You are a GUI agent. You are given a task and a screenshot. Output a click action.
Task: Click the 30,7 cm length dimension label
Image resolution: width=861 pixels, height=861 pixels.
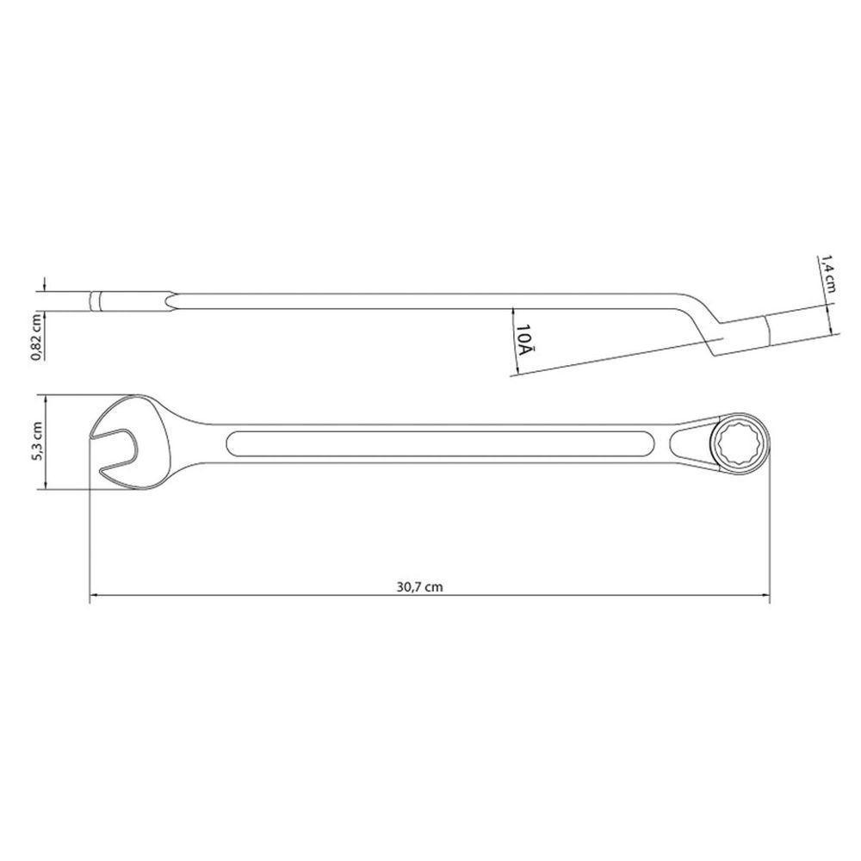pyautogui.click(x=421, y=586)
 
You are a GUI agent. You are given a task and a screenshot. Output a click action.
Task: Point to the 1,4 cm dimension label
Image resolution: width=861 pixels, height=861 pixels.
pyautogui.click(x=829, y=275)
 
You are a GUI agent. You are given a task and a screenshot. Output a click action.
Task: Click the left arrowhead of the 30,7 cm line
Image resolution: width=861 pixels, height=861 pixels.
pyautogui.click(x=94, y=594)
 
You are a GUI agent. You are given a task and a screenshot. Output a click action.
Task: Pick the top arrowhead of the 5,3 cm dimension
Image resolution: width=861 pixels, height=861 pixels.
pyautogui.click(x=40, y=399)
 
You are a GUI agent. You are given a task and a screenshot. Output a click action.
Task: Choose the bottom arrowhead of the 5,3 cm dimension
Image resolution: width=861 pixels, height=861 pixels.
pyautogui.click(x=40, y=487)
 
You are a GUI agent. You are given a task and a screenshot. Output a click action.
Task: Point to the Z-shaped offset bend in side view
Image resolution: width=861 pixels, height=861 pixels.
pyautogui.click(x=702, y=323)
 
